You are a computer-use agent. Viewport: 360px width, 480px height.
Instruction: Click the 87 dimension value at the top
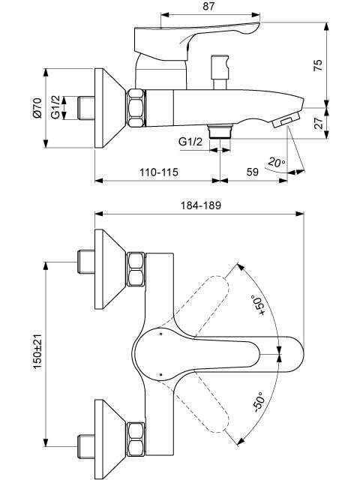(x=209, y=6)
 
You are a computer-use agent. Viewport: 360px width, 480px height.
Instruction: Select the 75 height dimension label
(x=318, y=65)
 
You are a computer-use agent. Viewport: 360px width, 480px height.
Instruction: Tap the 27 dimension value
(x=319, y=123)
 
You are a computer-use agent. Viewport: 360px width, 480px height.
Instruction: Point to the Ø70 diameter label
(x=37, y=108)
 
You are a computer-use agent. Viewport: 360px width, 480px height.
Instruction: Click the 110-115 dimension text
(x=159, y=172)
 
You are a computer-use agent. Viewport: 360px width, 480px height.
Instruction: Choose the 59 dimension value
(x=253, y=172)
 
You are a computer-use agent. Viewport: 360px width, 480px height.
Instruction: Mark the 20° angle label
(x=276, y=162)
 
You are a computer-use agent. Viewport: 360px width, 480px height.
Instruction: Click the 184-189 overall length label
(x=201, y=205)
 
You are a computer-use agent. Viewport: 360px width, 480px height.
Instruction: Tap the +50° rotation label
(x=259, y=305)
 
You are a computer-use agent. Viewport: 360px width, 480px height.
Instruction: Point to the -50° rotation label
(x=259, y=402)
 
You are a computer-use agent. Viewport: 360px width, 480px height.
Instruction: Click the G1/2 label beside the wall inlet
(x=55, y=108)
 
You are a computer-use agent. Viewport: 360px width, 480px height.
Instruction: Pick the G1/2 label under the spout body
(x=190, y=142)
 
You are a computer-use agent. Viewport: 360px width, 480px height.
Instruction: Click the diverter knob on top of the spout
(x=220, y=72)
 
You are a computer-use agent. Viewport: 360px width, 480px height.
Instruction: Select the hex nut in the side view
(x=136, y=108)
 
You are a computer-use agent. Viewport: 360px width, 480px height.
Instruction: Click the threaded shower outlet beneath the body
(x=220, y=131)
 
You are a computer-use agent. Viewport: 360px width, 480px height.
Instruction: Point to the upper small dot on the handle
(x=160, y=333)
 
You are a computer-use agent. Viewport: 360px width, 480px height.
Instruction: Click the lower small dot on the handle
(x=160, y=374)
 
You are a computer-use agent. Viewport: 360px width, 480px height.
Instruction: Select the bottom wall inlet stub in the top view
(x=86, y=446)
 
